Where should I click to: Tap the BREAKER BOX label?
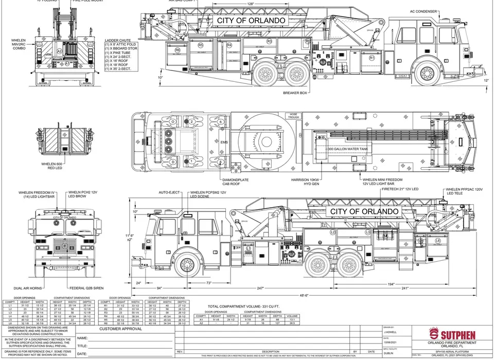pos(295,93)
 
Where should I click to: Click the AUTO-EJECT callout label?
pos(169,192)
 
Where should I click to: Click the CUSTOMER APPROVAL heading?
pos(121,328)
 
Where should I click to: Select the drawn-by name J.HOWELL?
pos(391,332)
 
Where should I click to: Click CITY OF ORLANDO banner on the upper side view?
pos(251,20)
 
